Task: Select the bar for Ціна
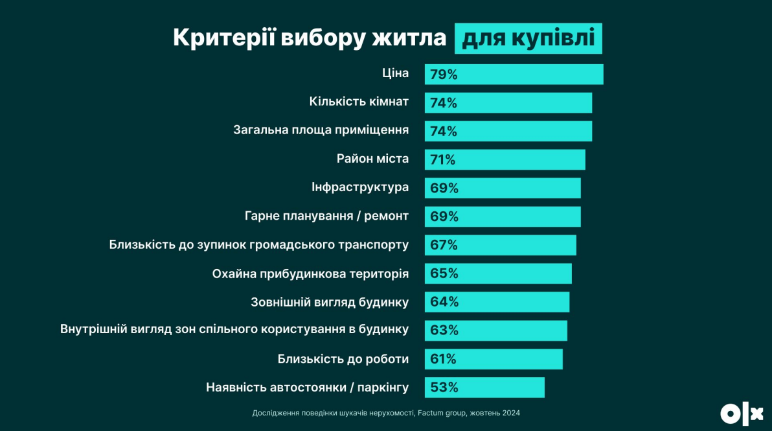514,75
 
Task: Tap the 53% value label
444,388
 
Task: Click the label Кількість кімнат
359,102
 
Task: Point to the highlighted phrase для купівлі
528,38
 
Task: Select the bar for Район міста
505,159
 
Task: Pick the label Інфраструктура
360,187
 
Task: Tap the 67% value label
444,245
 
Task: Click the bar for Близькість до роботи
494,359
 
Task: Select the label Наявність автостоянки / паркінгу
307,388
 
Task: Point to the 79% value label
444,75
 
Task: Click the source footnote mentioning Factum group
386,413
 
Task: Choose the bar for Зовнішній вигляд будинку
497,302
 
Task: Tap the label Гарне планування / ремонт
326,216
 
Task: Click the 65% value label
444,274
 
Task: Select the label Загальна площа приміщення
321,130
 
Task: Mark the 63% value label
444,331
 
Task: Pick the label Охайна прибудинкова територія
310,274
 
